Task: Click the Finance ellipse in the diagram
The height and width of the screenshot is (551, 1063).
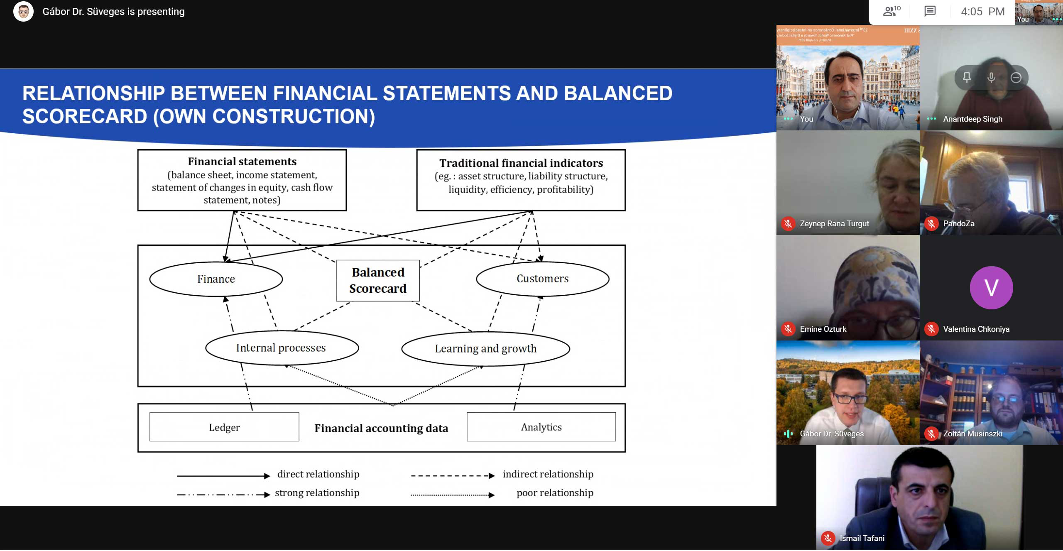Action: [x=216, y=279]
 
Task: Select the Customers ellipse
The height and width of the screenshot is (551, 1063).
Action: [x=542, y=279]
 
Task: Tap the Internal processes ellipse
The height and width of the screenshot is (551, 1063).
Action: [x=281, y=348]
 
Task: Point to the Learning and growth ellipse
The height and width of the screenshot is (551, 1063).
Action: [x=485, y=349]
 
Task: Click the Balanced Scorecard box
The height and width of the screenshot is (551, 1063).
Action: [x=378, y=281]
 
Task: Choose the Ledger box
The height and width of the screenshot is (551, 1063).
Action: [x=224, y=427]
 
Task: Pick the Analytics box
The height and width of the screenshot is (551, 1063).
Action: [x=541, y=427]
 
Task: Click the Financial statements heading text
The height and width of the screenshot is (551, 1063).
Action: [x=242, y=162]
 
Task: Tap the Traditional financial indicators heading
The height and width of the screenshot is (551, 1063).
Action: [x=521, y=163]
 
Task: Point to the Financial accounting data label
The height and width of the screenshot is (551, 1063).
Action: [x=381, y=429]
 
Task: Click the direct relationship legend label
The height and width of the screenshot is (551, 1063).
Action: [x=318, y=475]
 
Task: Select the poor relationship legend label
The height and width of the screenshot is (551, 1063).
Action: [x=555, y=493]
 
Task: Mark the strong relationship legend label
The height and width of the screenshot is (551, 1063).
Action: [x=317, y=493]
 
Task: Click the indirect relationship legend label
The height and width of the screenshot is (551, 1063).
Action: [x=548, y=475]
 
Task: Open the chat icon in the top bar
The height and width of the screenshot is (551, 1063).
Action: [x=930, y=11]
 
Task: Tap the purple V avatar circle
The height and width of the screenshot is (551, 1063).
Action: [x=991, y=288]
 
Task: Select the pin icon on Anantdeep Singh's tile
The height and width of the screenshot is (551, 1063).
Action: [x=967, y=78]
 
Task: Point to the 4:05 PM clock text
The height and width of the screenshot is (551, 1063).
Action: [x=982, y=12]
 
